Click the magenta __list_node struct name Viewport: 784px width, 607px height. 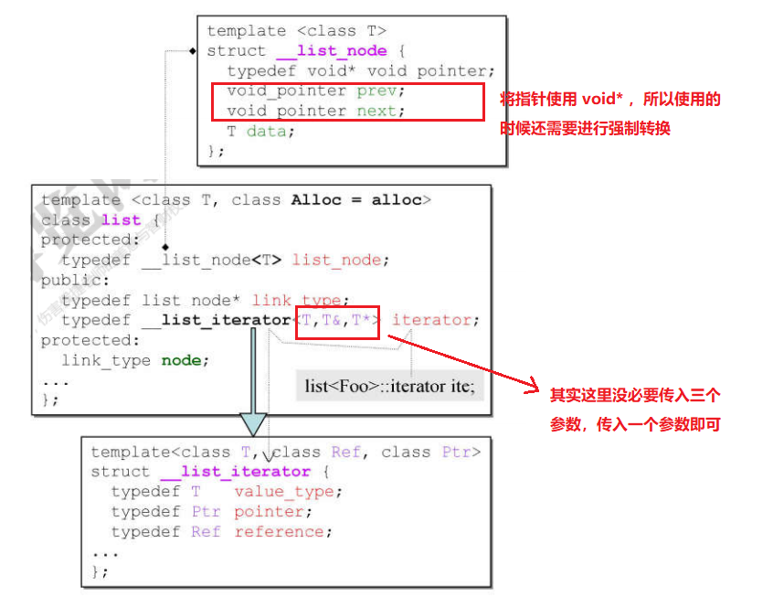pyautogui.click(x=331, y=51)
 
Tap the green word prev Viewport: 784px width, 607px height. pyautogui.click(x=376, y=91)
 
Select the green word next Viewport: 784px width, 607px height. pyautogui.click(x=376, y=112)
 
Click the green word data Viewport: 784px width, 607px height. pyautogui.click(x=266, y=132)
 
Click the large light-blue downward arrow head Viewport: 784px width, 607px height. pyautogui.click(x=253, y=422)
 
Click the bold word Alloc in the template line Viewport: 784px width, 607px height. pyautogui.click(x=315, y=200)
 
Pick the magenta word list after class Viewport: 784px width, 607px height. pyautogui.click(x=121, y=220)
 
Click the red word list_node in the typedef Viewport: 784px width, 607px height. pyautogui.click(x=335, y=261)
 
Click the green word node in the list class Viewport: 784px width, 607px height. pyautogui.click(x=181, y=360)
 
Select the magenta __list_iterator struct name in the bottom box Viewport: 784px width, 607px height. pyautogui.click(x=236, y=472)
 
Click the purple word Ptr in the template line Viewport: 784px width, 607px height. pyautogui.click(x=457, y=452)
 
